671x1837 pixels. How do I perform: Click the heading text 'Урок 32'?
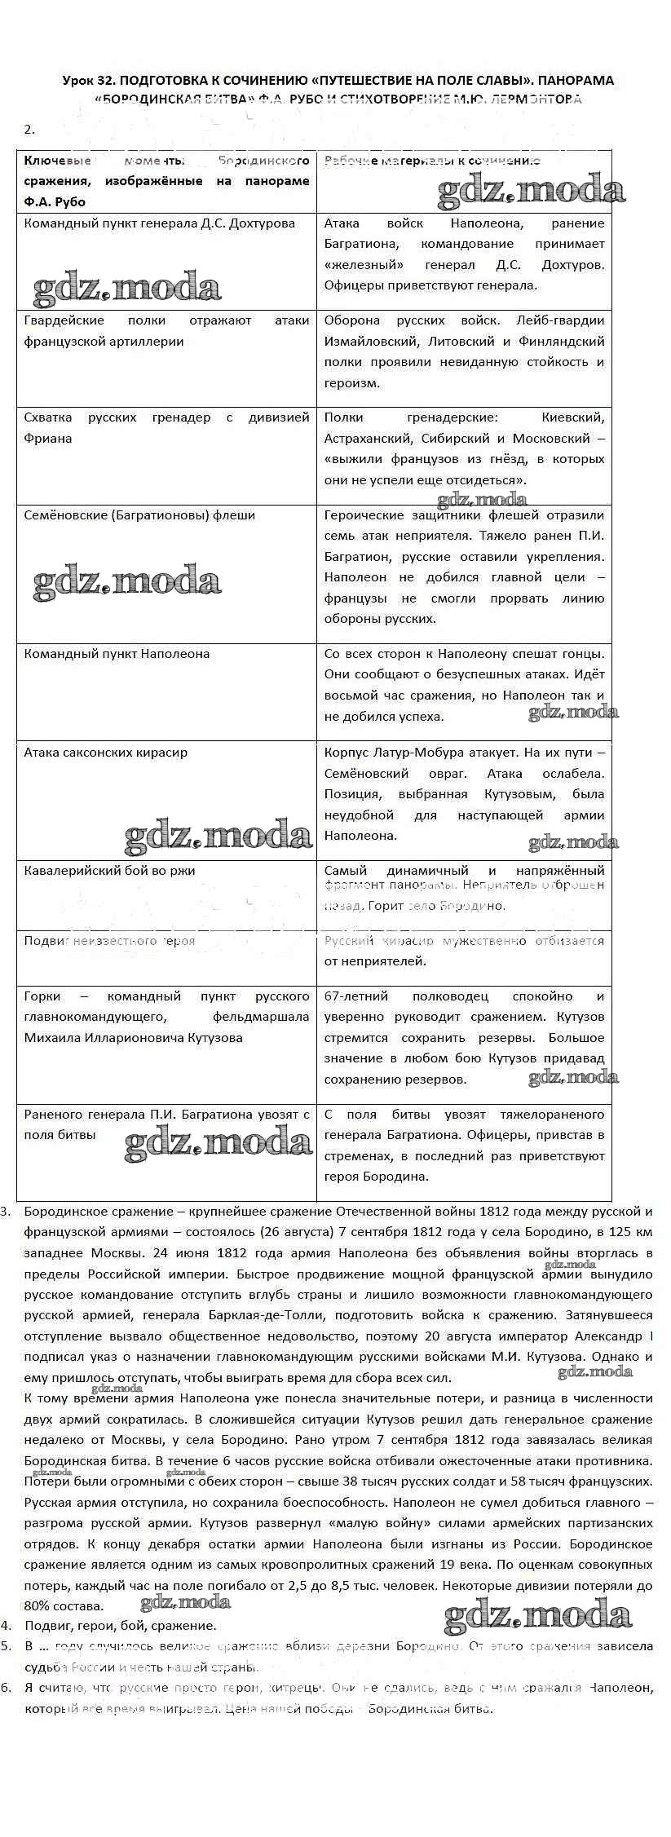tap(90, 80)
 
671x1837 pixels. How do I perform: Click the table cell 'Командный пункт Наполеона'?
tap(117, 653)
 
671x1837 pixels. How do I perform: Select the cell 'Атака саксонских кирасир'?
tap(106, 752)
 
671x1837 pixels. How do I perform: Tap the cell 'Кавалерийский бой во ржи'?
tap(110, 870)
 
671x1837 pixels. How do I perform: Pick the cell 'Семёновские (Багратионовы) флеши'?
tap(139, 514)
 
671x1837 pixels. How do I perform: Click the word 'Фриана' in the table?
tap(48, 438)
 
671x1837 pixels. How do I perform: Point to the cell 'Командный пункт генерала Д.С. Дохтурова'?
tap(160, 223)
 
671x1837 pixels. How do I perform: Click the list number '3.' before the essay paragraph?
tap(6, 1212)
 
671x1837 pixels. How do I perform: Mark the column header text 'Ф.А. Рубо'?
tap(55, 201)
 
